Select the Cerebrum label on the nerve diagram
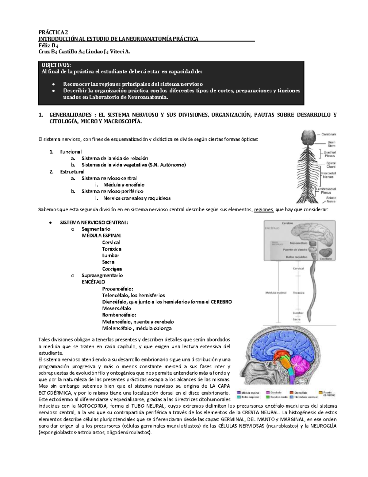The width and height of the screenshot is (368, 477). pyautogui.click(x=329, y=134)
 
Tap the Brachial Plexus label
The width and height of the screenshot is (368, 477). pyautogui.click(x=330, y=154)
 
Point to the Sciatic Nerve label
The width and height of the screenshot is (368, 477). pyautogui.click(x=331, y=200)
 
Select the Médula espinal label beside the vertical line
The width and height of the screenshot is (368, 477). pyautogui.click(x=276, y=293)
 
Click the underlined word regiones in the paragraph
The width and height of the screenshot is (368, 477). pyautogui.click(x=264, y=210)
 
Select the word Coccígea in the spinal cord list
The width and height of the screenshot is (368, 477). pyautogui.click(x=112, y=269)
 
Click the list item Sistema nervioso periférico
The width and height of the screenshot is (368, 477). pyautogui.click(x=112, y=191)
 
